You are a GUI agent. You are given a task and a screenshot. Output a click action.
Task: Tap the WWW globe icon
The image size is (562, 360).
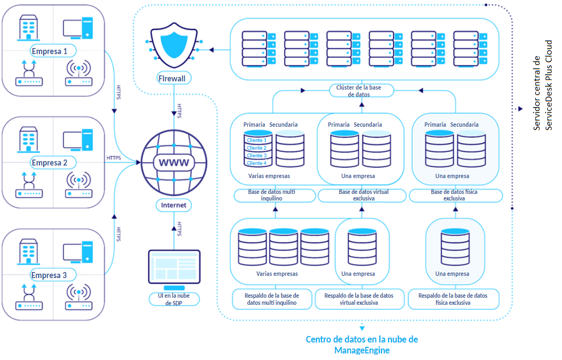(174, 162)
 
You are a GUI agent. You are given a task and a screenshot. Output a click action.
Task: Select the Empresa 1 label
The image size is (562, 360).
(50, 51)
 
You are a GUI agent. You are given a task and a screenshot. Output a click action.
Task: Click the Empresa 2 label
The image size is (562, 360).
(50, 163)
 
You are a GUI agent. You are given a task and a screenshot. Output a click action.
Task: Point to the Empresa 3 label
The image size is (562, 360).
(49, 275)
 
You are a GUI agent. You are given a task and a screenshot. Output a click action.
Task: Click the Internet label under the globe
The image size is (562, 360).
(174, 205)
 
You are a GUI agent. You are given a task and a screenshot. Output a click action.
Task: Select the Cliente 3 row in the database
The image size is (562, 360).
(257, 156)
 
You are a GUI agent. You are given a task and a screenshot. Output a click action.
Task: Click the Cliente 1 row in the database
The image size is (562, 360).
(257, 140)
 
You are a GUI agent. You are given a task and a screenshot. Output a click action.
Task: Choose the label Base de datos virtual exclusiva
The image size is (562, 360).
(361, 196)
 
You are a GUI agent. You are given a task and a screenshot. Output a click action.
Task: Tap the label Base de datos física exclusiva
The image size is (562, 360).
(455, 196)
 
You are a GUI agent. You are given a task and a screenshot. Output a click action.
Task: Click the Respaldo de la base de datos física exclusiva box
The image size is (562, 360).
(454, 299)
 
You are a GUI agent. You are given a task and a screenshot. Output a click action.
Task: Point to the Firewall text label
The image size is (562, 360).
(172, 78)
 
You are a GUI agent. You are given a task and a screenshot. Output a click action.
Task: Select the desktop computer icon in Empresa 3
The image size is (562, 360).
(78, 252)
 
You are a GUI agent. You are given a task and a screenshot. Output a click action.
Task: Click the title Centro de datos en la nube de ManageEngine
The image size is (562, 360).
(361, 345)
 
